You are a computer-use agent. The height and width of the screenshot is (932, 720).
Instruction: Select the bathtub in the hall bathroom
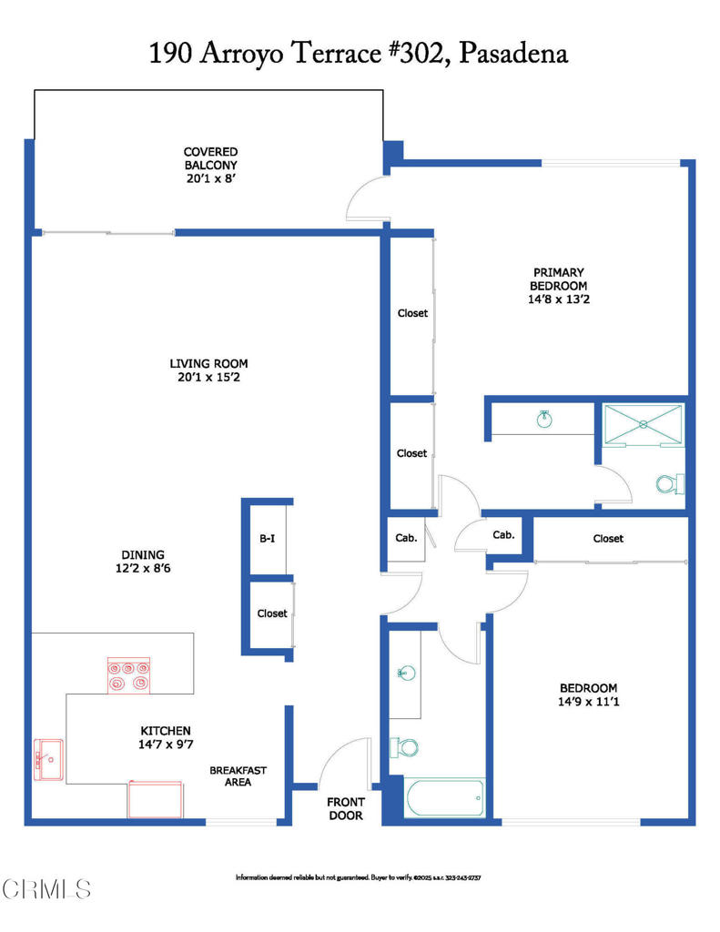point(445,797)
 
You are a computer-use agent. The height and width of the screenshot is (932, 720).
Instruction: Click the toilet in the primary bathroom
point(669,483)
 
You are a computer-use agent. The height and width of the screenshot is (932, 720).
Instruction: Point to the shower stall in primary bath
point(643,424)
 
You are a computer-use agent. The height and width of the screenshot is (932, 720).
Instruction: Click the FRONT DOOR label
point(346,808)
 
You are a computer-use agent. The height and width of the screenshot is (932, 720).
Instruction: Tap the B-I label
point(267,538)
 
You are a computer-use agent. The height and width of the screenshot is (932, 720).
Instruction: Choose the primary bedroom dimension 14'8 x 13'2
point(558,299)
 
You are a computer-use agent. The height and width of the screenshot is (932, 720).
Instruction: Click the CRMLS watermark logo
point(46,887)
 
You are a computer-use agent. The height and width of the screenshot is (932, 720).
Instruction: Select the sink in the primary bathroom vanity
point(543,419)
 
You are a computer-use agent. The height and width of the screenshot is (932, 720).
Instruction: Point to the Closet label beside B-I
point(271,613)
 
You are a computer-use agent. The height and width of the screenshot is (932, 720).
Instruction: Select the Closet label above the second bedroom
point(608,539)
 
